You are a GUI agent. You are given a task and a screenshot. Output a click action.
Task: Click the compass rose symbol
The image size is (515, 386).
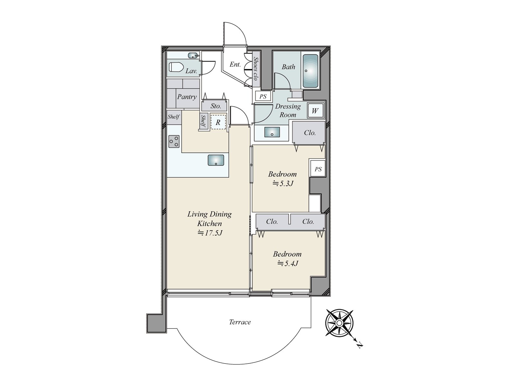[x=339, y=323]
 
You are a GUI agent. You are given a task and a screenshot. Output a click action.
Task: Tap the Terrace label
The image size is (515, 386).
[x=240, y=322]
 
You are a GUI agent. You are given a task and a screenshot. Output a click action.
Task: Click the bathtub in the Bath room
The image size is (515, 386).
[x=310, y=71]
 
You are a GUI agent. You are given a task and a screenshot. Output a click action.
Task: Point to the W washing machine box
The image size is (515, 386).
[x=315, y=111]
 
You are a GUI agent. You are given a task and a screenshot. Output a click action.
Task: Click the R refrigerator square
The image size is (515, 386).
[x=218, y=122]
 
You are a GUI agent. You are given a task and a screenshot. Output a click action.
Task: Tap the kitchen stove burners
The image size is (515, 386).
[x=174, y=141]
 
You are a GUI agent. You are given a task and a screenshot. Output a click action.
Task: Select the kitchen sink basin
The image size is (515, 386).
[x=216, y=160]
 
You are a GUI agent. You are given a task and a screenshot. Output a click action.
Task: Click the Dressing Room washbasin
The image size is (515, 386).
[x=272, y=132]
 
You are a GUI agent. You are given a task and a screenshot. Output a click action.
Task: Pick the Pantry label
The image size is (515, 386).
[x=187, y=97]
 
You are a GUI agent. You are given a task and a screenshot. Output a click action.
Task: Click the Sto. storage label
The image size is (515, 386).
[x=216, y=106]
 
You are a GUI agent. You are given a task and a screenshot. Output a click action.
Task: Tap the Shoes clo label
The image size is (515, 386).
[x=256, y=69]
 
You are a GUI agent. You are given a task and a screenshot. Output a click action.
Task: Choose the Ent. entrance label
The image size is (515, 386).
[x=235, y=64]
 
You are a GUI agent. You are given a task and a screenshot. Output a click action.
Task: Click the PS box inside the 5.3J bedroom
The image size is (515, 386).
[x=318, y=169]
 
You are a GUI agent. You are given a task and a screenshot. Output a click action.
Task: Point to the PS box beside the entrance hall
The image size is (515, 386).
[x=263, y=96]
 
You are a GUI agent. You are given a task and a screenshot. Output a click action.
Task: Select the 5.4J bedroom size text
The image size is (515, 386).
[x=288, y=264]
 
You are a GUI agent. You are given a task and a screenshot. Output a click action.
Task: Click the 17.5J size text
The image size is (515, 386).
[x=210, y=233]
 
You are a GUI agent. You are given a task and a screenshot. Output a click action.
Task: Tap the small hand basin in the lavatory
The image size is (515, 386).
[x=192, y=55]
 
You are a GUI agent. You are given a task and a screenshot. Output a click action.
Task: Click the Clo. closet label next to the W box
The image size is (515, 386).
[x=310, y=133]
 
